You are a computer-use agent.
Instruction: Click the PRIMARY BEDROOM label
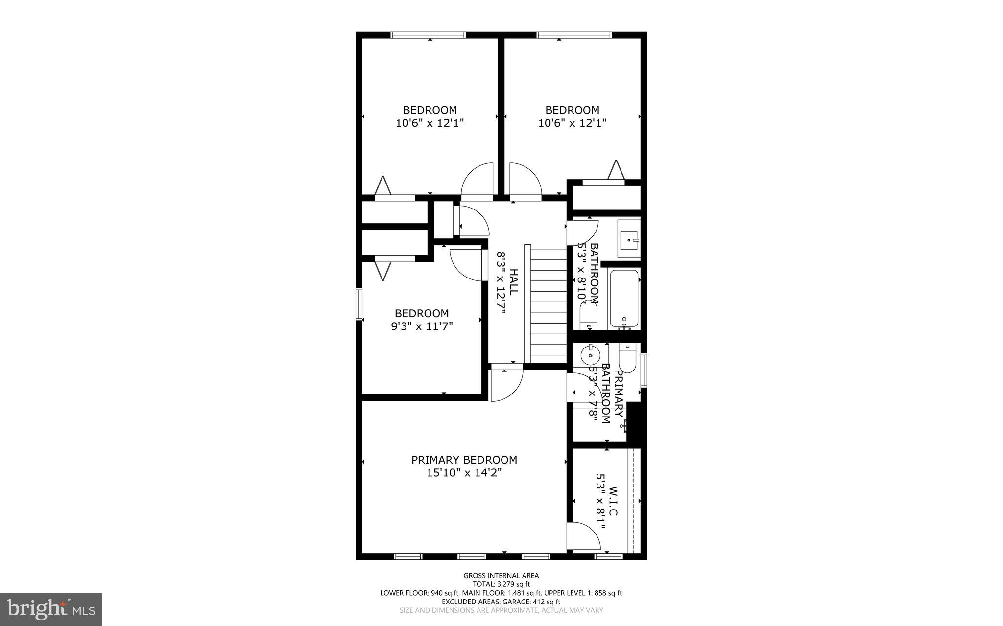point(464,460)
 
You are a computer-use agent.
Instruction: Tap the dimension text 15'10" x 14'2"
point(464,473)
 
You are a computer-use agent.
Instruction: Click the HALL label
point(513,281)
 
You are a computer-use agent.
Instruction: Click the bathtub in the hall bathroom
point(624,299)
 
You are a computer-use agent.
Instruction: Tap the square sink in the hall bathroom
point(628,239)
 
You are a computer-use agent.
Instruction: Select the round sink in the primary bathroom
point(590,354)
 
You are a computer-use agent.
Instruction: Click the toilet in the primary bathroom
point(627,359)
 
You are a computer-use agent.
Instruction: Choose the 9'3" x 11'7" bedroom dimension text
point(422,326)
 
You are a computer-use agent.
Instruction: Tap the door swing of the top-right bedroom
point(525,181)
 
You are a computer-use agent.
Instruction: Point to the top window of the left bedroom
point(428,35)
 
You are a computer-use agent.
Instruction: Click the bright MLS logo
point(51,609)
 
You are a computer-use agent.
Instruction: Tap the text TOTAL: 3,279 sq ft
point(501,584)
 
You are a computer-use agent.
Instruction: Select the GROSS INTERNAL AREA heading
point(501,576)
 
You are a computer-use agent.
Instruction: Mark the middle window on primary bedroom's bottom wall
point(472,556)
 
